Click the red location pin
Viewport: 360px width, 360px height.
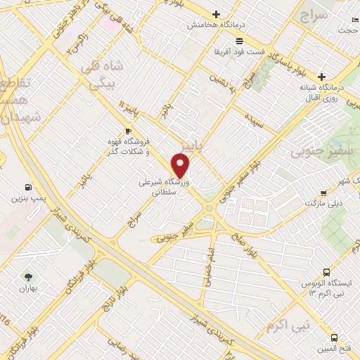(x=181, y=165)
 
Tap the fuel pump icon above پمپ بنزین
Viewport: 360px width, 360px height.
(x=28, y=187)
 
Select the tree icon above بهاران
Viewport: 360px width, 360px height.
(x=28, y=277)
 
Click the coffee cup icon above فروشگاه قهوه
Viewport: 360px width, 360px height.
(x=128, y=131)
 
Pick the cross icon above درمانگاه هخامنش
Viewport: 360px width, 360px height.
(x=217, y=14)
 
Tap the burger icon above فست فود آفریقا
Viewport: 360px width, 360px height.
(x=240, y=41)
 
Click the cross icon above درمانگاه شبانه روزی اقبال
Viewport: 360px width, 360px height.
(x=321, y=77)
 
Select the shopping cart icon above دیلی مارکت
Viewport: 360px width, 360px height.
(x=323, y=192)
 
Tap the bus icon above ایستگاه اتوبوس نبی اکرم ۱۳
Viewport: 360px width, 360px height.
(x=326, y=271)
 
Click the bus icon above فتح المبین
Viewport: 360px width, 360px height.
(x=335, y=337)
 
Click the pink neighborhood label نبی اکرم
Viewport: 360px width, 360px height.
(x=288, y=326)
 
